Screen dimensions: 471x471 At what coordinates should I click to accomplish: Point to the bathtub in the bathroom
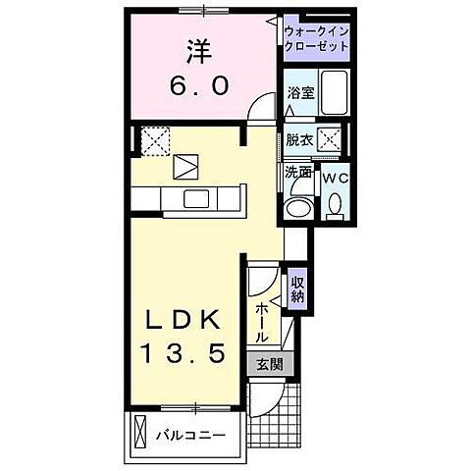tap(337, 93)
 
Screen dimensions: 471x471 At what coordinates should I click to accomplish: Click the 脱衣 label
tap(299, 140)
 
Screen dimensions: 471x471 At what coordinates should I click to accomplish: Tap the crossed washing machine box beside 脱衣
tap(334, 139)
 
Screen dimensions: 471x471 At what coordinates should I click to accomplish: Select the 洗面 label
tap(298, 172)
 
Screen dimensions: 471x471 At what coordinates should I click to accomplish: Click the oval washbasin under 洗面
tap(297, 207)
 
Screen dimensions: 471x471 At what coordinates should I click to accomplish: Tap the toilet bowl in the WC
tap(334, 203)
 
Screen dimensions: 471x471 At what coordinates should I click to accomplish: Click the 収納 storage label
tap(298, 288)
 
